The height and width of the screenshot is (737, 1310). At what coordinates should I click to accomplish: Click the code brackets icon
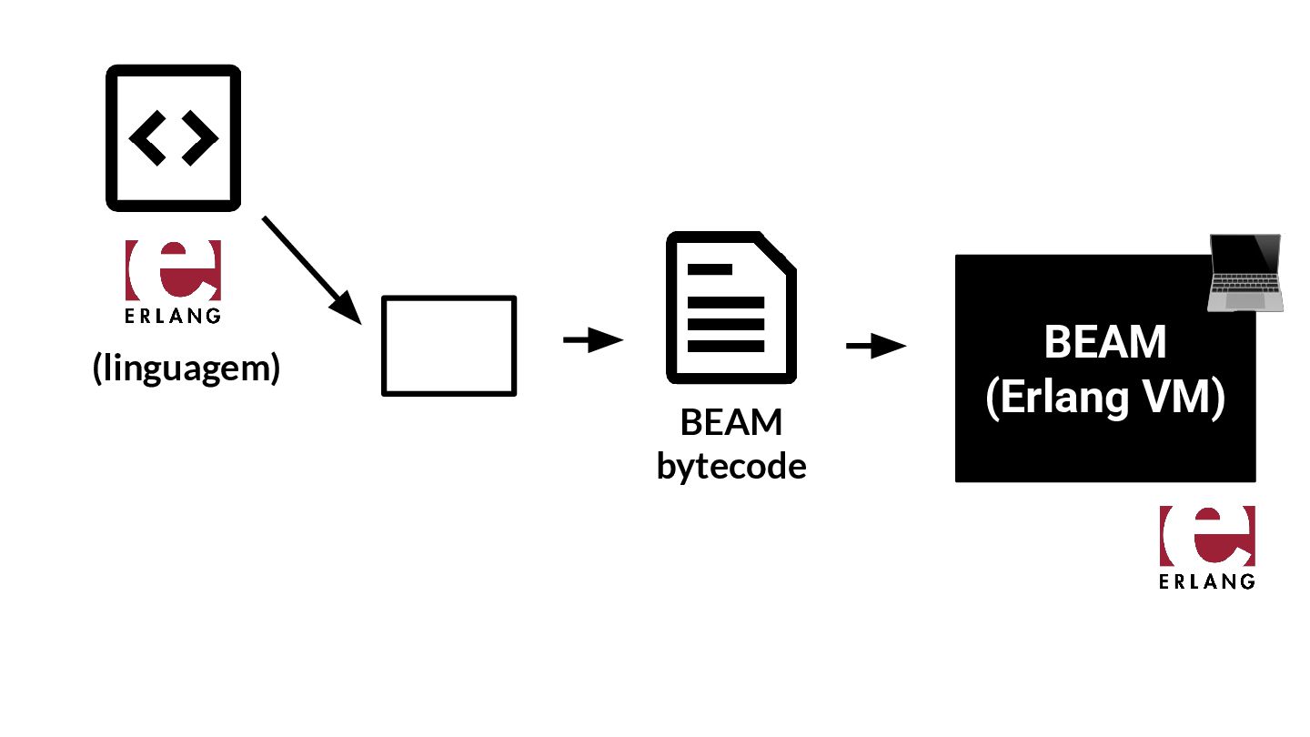(x=174, y=137)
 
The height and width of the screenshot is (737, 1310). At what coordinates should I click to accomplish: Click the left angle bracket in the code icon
(x=146, y=138)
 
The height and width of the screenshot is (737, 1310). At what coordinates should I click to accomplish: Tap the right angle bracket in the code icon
(x=201, y=138)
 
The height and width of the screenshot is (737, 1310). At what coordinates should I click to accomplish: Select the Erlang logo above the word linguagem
(x=173, y=270)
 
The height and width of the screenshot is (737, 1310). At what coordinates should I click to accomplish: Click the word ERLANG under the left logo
(x=173, y=317)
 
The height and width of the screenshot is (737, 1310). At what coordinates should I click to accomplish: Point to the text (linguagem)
(x=186, y=368)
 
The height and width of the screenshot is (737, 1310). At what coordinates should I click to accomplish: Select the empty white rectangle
(x=448, y=346)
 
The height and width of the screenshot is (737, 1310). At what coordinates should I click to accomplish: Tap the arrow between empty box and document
(x=592, y=340)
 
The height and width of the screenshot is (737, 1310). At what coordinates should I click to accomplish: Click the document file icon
(x=731, y=307)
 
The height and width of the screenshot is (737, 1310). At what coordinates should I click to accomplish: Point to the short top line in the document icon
(x=710, y=269)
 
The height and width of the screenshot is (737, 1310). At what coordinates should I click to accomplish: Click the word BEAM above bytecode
(x=731, y=423)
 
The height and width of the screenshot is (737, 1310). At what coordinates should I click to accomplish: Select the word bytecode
(x=731, y=467)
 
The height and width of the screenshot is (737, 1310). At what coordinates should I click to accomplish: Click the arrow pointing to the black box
(x=875, y=346)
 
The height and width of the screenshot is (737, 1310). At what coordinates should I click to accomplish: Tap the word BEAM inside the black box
(x=1105, y=343)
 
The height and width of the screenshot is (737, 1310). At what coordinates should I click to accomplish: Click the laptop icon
(x=1244, y=273)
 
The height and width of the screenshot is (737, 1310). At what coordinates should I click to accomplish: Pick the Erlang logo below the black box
(x=1207, y=536)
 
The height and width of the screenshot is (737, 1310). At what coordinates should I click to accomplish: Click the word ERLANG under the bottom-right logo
(x=1207, y=581)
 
